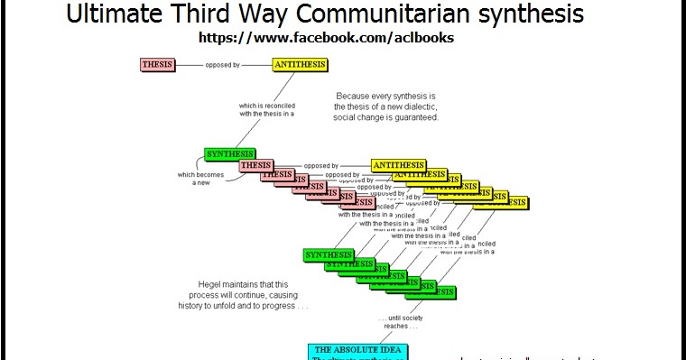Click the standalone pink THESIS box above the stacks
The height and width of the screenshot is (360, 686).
(159, 64)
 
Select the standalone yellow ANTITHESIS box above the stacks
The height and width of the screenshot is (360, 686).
(300, 64)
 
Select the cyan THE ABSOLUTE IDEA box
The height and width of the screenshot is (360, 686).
(357, 350)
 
